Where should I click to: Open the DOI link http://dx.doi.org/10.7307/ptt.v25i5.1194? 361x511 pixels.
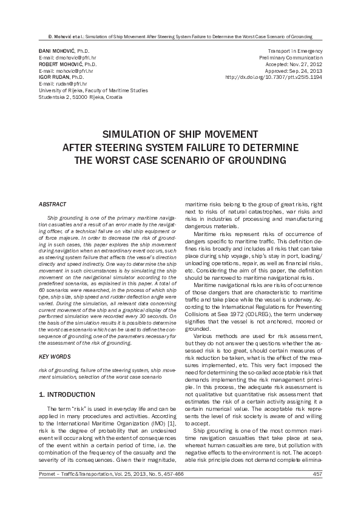(273, 78)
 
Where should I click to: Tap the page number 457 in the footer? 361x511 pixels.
(316, 491)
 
